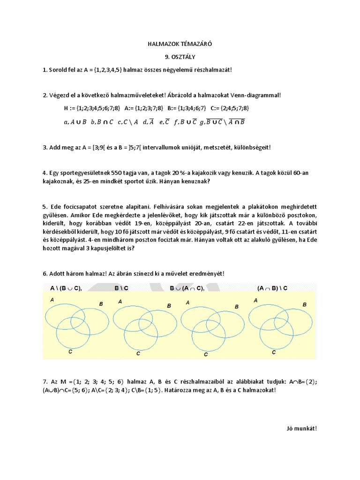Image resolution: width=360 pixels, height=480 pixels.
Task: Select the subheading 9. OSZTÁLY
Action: pyautogui.click(x=180, y=57)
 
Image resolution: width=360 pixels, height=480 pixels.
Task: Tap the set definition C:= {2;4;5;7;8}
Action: pyautogui.click(x=230, y=108)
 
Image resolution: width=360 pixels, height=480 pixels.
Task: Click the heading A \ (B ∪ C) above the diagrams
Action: pyautogui.click(x=66, y=289)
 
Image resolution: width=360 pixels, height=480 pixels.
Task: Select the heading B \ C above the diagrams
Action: pyautogui.click(x=122, y=289)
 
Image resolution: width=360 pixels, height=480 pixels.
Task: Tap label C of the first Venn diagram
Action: pyautogui.click(x=70, y=351)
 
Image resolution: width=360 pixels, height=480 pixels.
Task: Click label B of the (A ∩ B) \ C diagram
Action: pyautogui.click(x=304, y=305)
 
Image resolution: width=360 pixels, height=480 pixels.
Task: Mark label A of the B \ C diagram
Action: pyautogui.click(x=120, y=302)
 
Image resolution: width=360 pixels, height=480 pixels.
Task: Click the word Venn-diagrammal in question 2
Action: pyautogui.click(x=257, y=96)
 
